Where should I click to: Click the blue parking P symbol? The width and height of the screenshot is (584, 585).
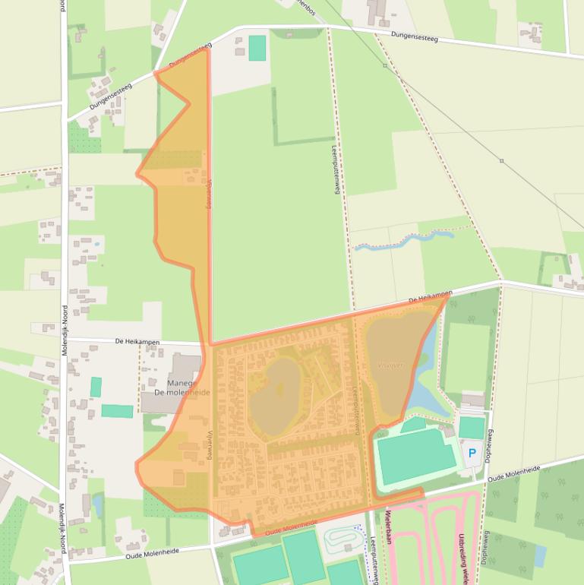point(472,454)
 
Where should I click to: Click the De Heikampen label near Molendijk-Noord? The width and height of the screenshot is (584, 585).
point(137,342)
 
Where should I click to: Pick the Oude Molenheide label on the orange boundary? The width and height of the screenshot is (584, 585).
point(291,526)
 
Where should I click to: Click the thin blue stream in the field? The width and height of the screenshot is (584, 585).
point(402,242)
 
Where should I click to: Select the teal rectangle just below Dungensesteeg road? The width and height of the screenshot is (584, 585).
point(257,48)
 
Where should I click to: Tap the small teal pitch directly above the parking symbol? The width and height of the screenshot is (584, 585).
point(472,427)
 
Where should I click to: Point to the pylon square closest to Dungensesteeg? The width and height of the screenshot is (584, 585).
point(385,66)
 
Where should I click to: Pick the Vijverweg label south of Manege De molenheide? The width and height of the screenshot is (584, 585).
point(210,444)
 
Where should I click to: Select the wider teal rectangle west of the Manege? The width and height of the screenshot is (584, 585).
point(117,411)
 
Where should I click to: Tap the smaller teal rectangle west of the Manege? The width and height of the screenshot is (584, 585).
point(96,387)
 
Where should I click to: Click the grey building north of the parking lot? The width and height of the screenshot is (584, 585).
point(472,400)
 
